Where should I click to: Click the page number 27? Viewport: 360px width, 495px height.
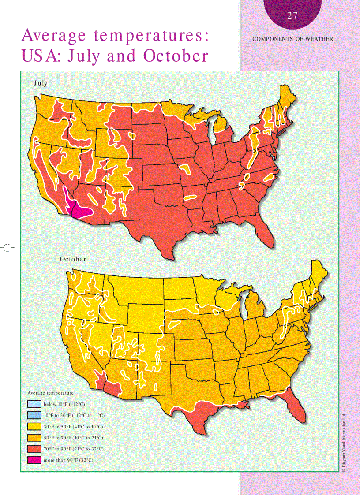click(292, 16)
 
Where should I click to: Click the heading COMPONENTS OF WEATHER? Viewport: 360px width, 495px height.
click(292, 39)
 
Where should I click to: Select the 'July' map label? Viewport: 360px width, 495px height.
click(41, 83)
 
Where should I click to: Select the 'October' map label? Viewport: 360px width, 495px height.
click(73, 259)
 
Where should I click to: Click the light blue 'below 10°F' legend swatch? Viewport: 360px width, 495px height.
click(34, 404)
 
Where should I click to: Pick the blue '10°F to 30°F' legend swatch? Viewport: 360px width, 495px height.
click(34, 415)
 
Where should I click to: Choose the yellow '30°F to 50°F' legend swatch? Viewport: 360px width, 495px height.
click(34, 427)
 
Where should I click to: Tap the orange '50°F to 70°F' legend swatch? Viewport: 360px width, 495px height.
click(34, 438)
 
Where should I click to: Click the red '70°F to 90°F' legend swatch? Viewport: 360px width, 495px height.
click(34, 449)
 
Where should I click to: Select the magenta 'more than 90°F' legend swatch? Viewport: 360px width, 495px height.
click(34, 460)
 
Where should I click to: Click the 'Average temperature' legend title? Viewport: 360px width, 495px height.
click(50, 393)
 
